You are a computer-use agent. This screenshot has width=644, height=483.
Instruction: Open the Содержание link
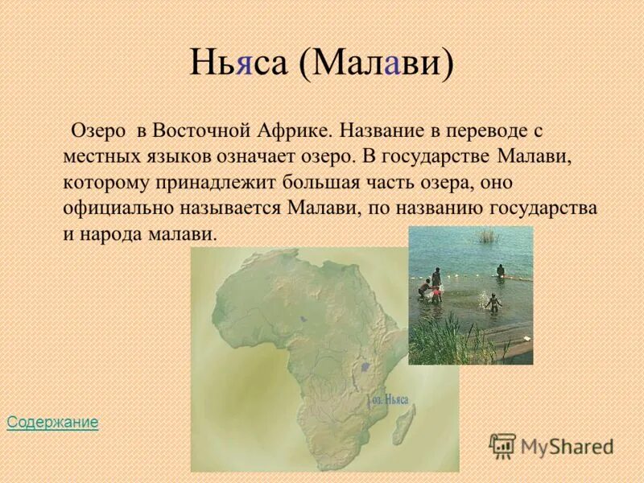[52, 422]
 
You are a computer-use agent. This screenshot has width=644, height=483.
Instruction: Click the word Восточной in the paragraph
[203, 130]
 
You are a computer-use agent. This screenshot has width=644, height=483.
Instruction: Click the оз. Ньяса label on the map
[390, 399]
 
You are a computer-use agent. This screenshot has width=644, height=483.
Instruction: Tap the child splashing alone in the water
[493, 301]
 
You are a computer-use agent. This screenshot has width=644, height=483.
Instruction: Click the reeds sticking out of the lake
[486, 235]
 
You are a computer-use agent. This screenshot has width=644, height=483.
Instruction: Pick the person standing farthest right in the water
[501, 270]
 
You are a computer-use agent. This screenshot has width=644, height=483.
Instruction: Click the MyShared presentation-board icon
[502, 445]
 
